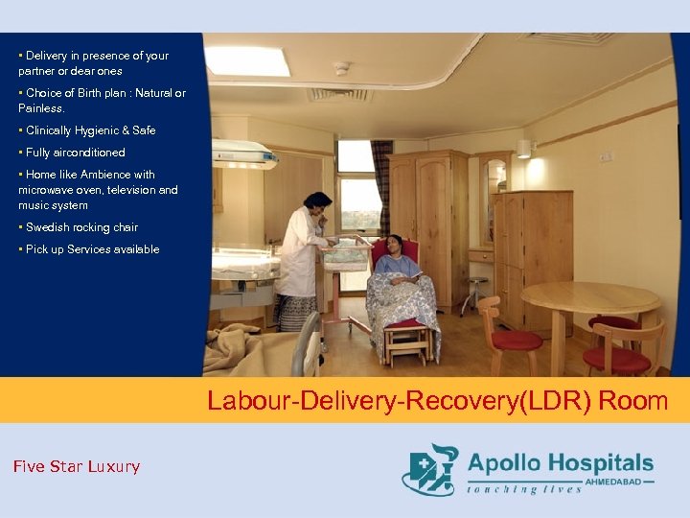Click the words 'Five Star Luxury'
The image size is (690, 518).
[77, 467]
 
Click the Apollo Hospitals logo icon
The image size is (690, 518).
[429, 468]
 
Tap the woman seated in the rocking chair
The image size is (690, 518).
[399, 278]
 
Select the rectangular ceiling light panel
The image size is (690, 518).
[247, 60]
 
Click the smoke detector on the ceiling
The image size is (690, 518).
[342, 69]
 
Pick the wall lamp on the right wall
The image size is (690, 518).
[523, 149]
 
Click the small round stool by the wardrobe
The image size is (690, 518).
[475, 289]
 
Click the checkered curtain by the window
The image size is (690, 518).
[382, 182]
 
